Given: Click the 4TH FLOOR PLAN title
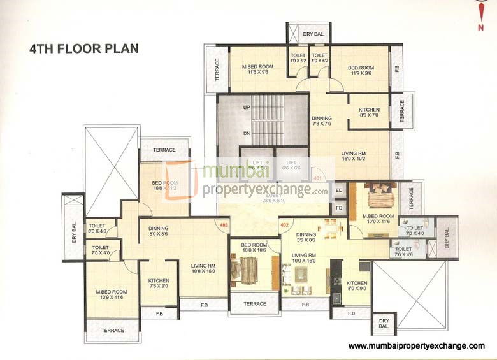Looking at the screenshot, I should point(83,48).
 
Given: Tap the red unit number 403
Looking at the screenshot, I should point(224,224).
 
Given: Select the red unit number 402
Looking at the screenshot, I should point(285,224).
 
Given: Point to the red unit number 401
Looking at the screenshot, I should point(318,178).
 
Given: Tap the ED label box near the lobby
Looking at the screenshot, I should point(339,190).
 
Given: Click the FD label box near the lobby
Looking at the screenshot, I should point(339,208).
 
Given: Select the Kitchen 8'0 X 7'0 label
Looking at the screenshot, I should point(369,113).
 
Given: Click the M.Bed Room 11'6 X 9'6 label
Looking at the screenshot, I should point(257,70).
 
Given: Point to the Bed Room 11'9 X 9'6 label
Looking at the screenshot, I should point(361,70).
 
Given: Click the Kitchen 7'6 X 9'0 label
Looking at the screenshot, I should point(159,283).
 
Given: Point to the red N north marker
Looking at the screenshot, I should point(480,27).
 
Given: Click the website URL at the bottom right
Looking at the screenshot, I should point(416,345).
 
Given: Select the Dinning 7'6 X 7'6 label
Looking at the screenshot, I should point(322,121).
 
